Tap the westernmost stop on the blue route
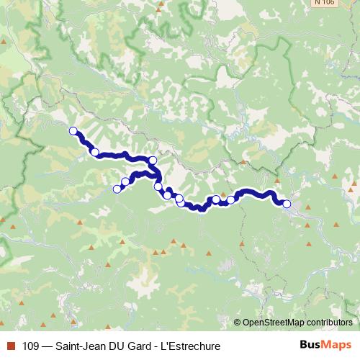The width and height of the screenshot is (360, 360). (73, 130)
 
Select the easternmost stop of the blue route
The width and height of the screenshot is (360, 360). (287, 204)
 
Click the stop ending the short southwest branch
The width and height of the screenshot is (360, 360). (117, 189)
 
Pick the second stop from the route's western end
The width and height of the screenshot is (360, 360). (94, 152)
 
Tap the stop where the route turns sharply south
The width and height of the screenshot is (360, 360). (153, 161)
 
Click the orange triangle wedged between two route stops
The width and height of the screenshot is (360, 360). (223, 194)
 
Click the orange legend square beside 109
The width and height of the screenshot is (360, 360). (10, 346)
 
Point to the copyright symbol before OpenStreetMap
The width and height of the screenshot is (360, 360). (238, 323)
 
